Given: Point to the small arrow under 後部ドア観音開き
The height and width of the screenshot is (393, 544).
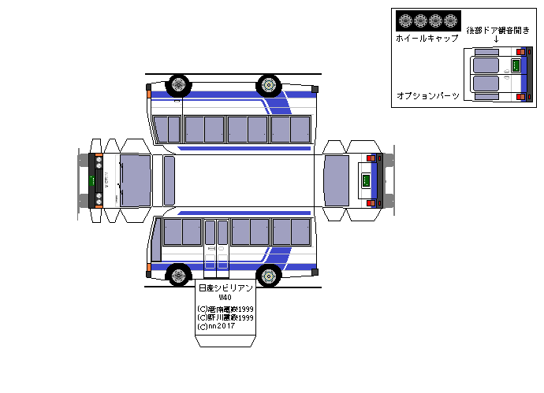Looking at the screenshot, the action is coord(496,40).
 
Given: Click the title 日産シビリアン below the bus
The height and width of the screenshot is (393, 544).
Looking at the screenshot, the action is coord(225,288).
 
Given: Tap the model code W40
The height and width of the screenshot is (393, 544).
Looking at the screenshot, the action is coord(225,298).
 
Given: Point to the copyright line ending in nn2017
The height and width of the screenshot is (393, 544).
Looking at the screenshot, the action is coord(216,326).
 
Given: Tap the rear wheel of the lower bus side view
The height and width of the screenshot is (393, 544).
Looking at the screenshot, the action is coord(270,276).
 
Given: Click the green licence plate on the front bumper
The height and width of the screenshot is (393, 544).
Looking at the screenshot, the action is coord(91,181).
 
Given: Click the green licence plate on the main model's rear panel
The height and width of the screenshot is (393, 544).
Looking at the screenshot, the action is coord(365,180).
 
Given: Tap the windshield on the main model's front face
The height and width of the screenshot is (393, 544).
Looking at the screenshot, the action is coord(134,180).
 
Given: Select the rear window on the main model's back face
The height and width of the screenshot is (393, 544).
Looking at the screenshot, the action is coord(337,180).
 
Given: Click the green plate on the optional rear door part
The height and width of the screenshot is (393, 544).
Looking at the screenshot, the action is coord(516,66).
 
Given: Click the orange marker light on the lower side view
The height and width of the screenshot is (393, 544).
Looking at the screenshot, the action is coord(148,269).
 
